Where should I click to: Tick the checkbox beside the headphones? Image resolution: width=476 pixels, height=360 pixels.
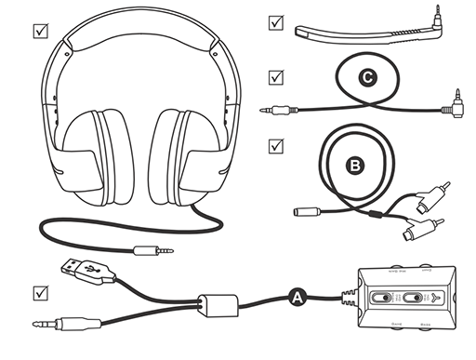pos(40,30)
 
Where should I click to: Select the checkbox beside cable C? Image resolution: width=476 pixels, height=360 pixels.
pos(275,76)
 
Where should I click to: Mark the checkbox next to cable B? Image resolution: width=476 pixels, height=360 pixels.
pos(275,146)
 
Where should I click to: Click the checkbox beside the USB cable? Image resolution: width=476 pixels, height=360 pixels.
pos(40,292)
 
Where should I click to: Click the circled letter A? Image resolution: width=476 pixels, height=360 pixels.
pos(297,298)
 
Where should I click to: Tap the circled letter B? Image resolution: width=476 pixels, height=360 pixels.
pos(354,166)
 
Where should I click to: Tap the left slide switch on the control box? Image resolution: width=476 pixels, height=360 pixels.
pos(382,297)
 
